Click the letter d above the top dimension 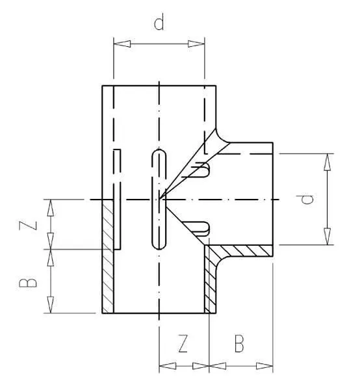click(159, 22)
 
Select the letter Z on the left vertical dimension click(28, 226)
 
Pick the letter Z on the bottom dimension click(183, 343)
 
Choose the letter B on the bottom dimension click(239, 343)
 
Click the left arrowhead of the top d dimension click(122, 44)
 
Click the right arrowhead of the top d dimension click(196, 44)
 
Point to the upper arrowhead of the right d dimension click(327, 162)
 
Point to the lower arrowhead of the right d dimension click(327, 237)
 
